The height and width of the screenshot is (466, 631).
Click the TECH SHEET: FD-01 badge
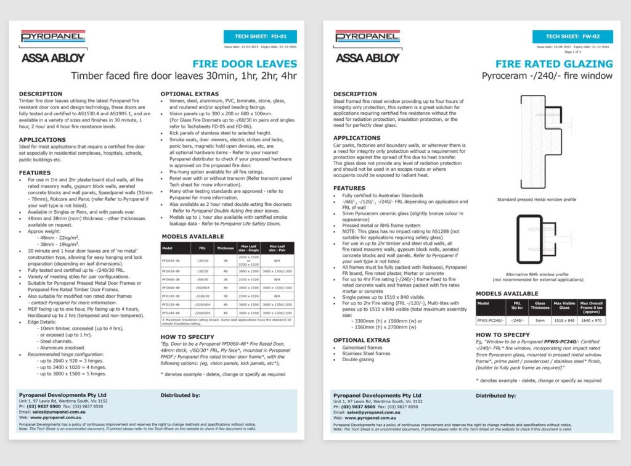pyautogui.click(x=261, y=36)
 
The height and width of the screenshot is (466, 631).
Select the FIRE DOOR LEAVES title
pyautogui.click(x=245, y=63)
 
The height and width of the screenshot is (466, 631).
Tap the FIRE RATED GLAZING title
pyautogui.click(x=554, y=63)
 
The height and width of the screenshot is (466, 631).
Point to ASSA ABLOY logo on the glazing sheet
pyautogui.click(x=367, y=58)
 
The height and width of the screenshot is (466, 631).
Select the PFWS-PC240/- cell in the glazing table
pyautogui.click(x=491, y=320)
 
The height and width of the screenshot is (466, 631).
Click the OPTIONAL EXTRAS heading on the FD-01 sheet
pyautogui.click(x=186, y=94)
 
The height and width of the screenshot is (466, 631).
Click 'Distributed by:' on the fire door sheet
pyautogui.click(x=180, y=395)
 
